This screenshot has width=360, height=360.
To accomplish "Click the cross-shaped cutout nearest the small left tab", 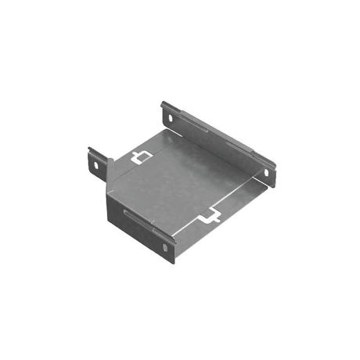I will [141, 157].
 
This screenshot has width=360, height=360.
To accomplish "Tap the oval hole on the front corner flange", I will [165, 247].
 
